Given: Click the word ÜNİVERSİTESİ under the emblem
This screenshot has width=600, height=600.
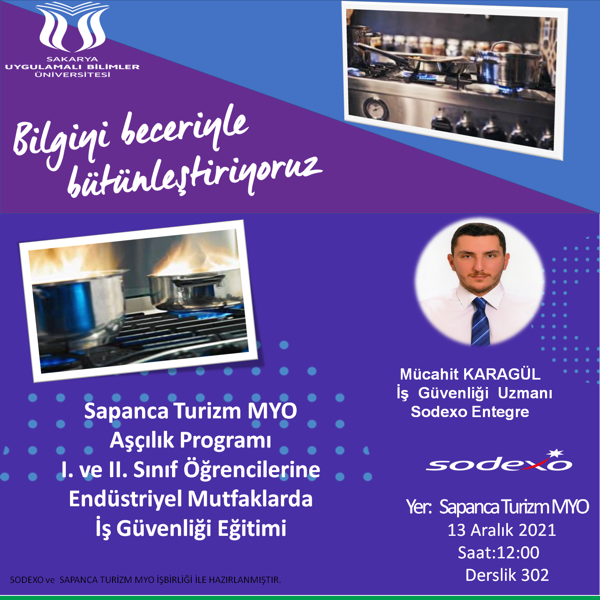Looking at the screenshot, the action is (72, 75).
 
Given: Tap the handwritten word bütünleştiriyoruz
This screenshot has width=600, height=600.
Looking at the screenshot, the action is (195, 176).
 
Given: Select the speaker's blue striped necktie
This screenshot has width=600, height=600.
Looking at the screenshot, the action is (480, 321).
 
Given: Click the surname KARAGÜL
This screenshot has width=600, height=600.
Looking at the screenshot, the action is (502, 374).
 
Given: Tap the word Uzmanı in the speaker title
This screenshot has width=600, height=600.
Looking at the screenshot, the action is (525, 393).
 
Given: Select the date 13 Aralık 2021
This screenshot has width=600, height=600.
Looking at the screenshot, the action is (502, 530).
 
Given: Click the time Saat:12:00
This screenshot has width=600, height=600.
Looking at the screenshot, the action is (498, 552).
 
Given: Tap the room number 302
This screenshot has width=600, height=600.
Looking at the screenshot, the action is (535, 575).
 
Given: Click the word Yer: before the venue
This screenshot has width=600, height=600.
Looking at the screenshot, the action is (419, 507).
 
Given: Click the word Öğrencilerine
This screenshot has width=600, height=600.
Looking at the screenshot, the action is (252, 470).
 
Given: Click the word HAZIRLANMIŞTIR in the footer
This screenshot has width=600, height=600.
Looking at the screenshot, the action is (245, 580).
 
